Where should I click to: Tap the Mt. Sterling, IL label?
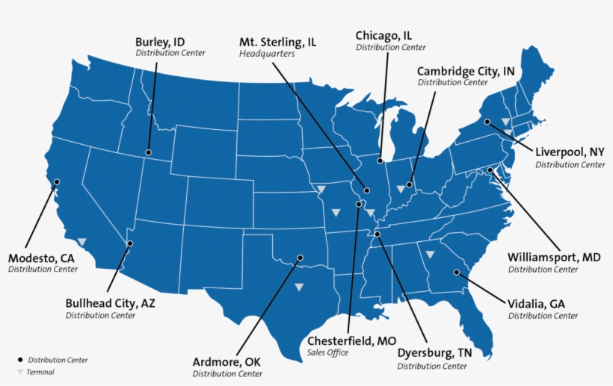coord(277,42)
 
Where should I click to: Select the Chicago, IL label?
coord(383,35)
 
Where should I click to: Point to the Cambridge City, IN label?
coord(466,71)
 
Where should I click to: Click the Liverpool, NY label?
coord(570,152)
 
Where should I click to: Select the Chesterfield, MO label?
coord(351,340)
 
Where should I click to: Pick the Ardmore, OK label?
coord(227,362)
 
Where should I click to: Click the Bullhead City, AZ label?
coord(110,303)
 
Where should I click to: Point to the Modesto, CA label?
coord(41,258)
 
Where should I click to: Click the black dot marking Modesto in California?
coord(56,181)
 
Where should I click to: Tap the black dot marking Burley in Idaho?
coord(148,148)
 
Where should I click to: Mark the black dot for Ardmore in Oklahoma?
coord(300,258)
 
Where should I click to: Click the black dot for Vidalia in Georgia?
coord(456,273)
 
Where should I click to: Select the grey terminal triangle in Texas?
coord(299,287)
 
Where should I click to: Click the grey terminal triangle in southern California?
coord(81,241)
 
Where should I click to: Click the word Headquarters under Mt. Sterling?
coord(266,54)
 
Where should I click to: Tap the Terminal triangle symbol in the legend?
coord(20,372)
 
